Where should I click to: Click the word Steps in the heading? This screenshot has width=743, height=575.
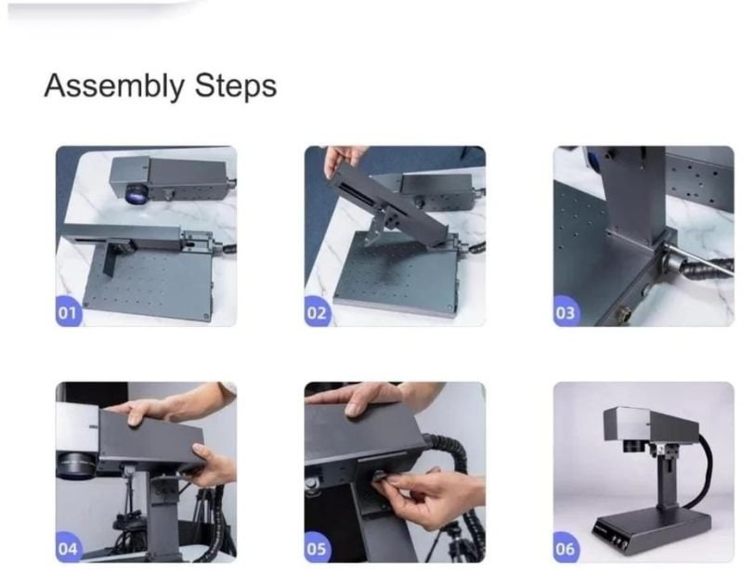(236, 86)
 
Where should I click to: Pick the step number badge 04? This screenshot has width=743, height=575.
(68, 547)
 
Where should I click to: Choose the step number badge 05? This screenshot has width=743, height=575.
(317, 547)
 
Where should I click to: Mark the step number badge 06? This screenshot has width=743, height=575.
(566, 547)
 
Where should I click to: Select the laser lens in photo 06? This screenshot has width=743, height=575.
(633, 446)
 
